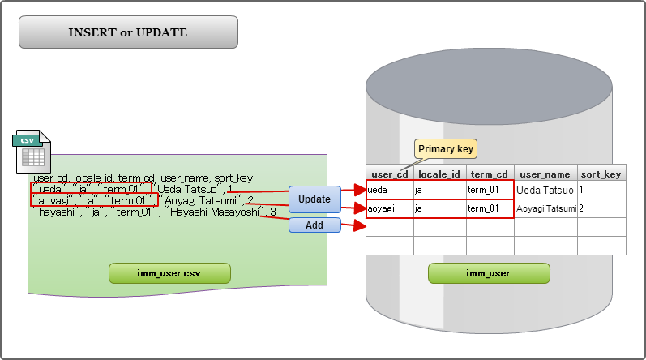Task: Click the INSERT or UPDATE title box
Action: click(128, 32)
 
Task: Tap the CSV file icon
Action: click(32, 152)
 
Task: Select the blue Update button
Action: click(314, 199)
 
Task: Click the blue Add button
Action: click(314, 225)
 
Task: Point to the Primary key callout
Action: click(446, 149)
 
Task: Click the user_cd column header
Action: click(390, 174)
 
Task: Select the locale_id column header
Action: click(439, 174)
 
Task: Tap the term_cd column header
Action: click(490, 174)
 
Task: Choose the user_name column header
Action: click(545, 174)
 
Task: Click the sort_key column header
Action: click(601, 174)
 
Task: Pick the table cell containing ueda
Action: click(390, 190)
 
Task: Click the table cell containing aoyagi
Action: click(390, 208)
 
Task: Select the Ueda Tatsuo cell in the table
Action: click(545, 190)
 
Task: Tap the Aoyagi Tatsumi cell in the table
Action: click(545, 208)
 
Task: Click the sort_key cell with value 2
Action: click(601, 208)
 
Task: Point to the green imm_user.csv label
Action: click(170, 273)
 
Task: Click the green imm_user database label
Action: click(488, 273)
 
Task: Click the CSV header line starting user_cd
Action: click(143, 177)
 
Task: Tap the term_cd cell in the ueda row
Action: click(490, 190)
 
